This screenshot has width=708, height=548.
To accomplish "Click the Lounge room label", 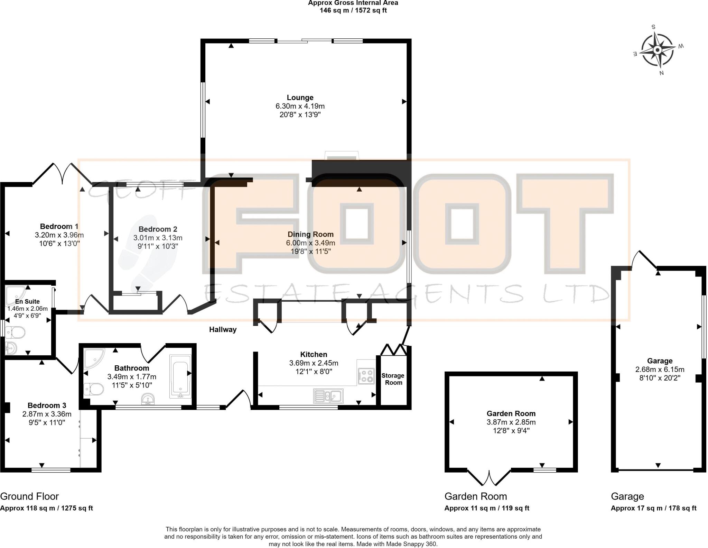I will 300,98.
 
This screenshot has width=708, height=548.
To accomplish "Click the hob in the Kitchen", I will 366,376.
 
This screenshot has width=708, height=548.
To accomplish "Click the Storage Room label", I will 393,379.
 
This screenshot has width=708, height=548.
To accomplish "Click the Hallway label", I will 223,329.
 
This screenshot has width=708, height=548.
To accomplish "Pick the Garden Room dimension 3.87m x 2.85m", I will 511,422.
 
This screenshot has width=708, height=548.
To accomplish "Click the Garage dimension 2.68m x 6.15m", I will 660,369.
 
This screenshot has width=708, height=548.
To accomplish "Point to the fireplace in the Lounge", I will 342,156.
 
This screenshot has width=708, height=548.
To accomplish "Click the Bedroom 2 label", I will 158,229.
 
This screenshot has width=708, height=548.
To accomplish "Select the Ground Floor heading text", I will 29,496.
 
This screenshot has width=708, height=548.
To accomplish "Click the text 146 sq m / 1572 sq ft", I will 353,10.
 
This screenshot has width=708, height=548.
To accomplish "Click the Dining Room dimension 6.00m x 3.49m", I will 310,243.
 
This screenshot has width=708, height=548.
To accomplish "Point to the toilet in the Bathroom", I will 94,389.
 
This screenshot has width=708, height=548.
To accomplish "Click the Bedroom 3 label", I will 47,405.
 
